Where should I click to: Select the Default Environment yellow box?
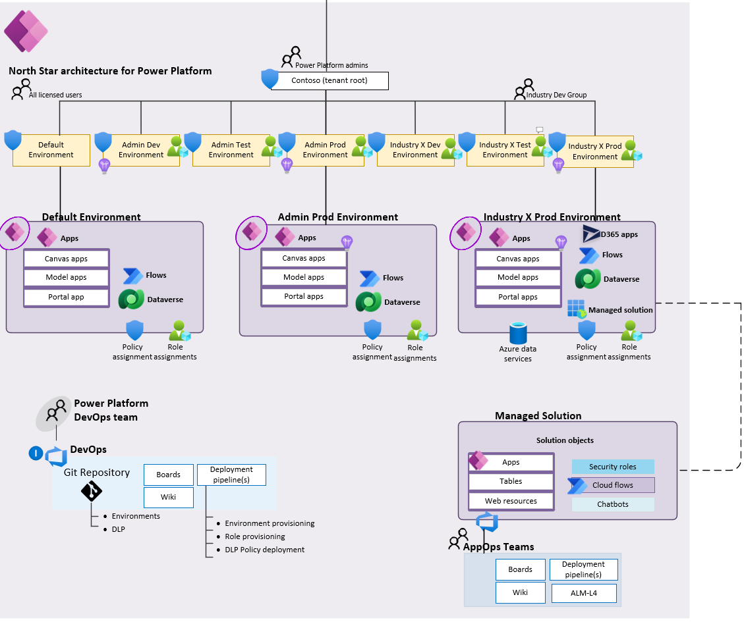(x=51, y=150)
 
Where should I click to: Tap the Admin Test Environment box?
(x=231, y=150)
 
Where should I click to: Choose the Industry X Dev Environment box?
(x=415, y=150)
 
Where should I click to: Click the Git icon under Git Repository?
(x=91, y=491)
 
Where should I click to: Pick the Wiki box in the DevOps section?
(x=168, y=498)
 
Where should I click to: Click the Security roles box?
(x=613, y=467)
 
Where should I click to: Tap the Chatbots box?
(x=613, y=504)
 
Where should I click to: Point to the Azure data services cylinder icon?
(x=519, y=334)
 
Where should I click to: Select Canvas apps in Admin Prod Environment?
(x=304, y=259)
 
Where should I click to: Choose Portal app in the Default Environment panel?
(x=67, y=297)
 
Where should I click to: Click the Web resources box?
(x=511, y=501)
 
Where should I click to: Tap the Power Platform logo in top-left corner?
(x=26, y=31)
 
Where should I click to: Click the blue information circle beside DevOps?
(x=36, y=454)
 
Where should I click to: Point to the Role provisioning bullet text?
(x=254, y=536)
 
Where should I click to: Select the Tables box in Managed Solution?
(x=511, y=481)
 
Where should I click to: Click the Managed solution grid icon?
(x=576, y=309)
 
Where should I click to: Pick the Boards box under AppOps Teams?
(x=520, y=569)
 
